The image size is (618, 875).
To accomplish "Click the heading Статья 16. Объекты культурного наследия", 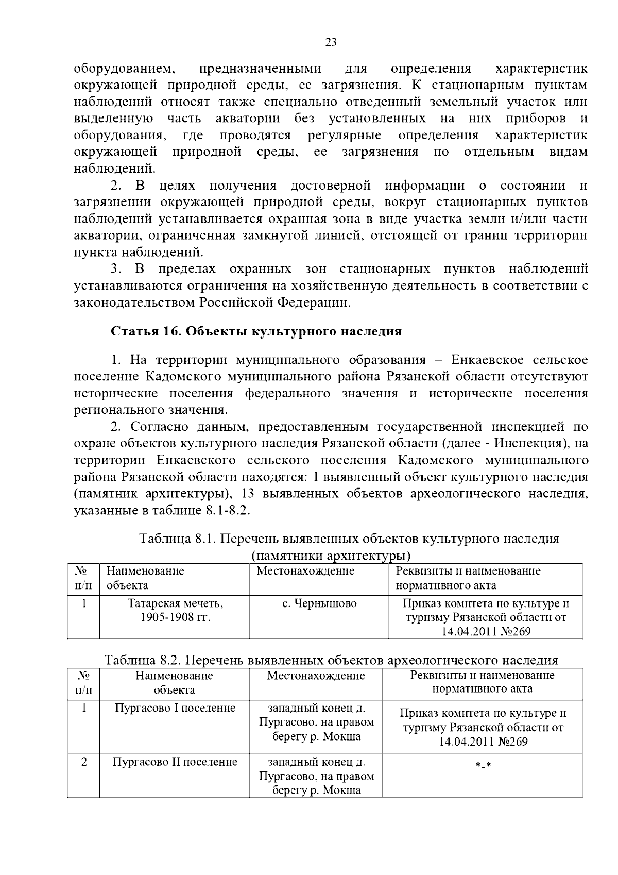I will (256, 331).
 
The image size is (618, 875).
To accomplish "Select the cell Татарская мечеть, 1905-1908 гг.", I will (175, 610).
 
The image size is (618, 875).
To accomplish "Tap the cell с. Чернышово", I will (319, 603).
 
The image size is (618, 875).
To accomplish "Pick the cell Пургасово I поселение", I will (175, 708).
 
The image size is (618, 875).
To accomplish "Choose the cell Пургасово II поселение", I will (175, 762).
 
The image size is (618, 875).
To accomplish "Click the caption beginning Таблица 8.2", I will (331, 660).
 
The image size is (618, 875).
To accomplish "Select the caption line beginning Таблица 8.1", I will (349, 539).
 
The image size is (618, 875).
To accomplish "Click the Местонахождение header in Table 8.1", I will (305, 571).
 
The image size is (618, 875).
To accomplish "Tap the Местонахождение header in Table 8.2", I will (316, 676).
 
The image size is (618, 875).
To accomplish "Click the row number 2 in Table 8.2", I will (83, 762).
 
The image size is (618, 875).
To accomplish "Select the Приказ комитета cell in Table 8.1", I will (486, 617).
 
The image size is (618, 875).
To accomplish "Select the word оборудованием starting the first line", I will (125, 69).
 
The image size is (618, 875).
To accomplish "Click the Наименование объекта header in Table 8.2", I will (175, 682).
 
